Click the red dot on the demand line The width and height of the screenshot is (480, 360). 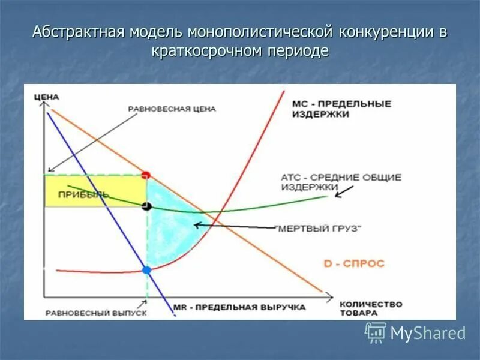coord(146,175)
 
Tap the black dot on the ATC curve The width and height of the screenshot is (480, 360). coord(146,206)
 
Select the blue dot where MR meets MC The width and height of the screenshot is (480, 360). coord(146,270)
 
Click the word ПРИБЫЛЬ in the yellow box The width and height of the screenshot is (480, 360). coord(83,194)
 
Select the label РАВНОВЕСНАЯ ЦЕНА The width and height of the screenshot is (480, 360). coord(172,109)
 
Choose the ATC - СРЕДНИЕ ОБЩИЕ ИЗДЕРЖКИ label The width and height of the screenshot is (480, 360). coord(340,182)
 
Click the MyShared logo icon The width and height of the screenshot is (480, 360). coord(376,332)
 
